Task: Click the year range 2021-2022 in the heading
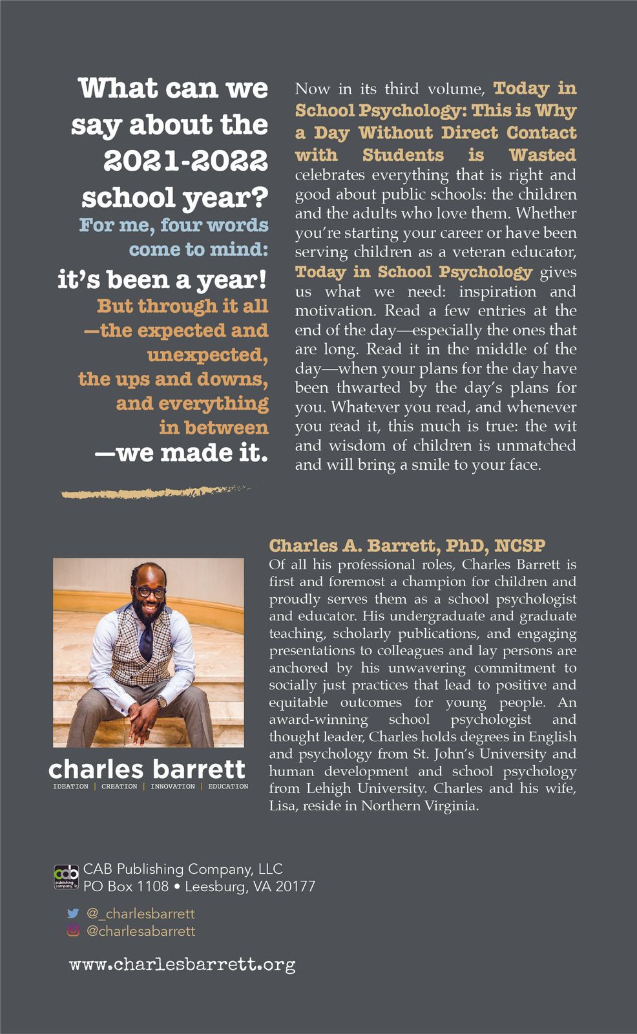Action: point(185,161)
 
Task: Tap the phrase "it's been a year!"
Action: point(162,279)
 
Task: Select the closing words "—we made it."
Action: point(181,452)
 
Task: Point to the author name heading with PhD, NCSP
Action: point(407,545)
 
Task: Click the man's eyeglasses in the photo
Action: point(150,591)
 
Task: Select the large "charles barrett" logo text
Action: point(147,769)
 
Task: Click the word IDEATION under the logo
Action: point(70,786)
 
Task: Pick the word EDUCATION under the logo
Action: point(228,786)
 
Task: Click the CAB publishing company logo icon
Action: point(66,877)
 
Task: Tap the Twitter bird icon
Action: point(73,913)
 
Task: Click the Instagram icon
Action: point(73,931)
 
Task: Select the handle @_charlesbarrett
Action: point(140,913)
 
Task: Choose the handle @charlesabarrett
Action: point(140,931)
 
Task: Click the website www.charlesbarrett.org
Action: point(182,964)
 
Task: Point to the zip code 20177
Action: point(295,886)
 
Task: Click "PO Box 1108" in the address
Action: point(126,886)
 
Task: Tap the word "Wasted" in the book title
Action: point(542,155)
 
